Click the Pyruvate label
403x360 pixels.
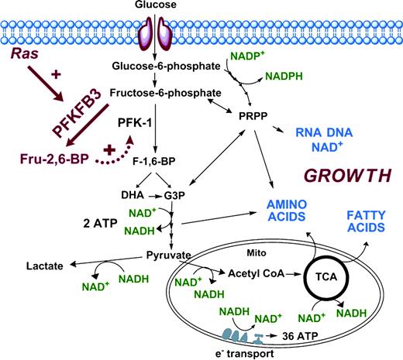[x=167, y=252]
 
